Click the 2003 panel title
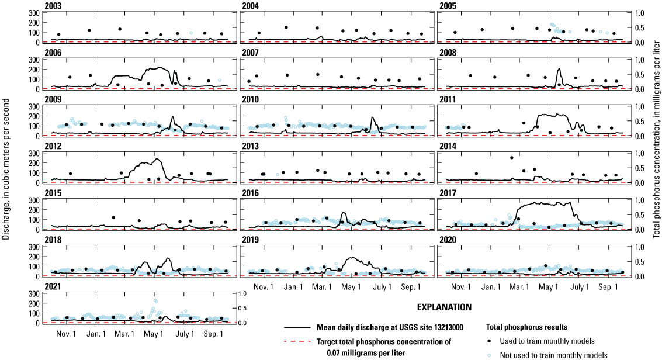[51, 6]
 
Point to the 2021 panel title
[51, 287]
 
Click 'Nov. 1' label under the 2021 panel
[66, 334]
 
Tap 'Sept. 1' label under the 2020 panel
[608, 287]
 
